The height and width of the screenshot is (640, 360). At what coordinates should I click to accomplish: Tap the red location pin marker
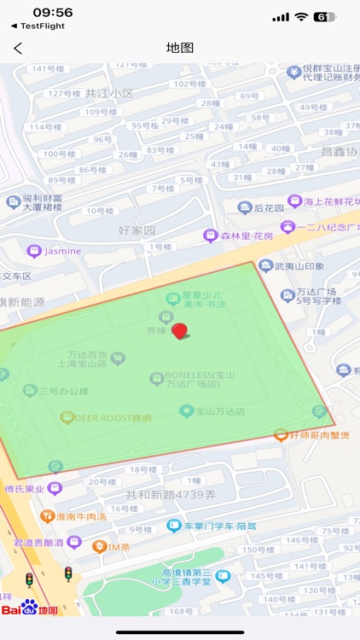tap(179, 331)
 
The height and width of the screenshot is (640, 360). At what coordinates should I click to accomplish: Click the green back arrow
tap(18, 49)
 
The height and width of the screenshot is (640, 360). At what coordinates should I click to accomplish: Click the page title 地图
tap(180, 48)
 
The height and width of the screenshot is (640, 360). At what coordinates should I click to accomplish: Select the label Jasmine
tap(62, 251)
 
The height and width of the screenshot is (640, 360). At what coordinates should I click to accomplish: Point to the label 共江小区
tap(110, 94)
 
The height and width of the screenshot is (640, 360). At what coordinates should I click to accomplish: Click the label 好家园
tap(137, 230)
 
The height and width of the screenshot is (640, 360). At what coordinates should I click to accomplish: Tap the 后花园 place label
tap(268, 207)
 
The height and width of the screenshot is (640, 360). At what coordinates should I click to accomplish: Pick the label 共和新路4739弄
tap(171, 495)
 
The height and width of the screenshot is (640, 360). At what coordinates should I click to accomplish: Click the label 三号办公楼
tap(62, 391)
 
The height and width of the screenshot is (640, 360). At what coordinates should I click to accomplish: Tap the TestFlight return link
tap(38, 26)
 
